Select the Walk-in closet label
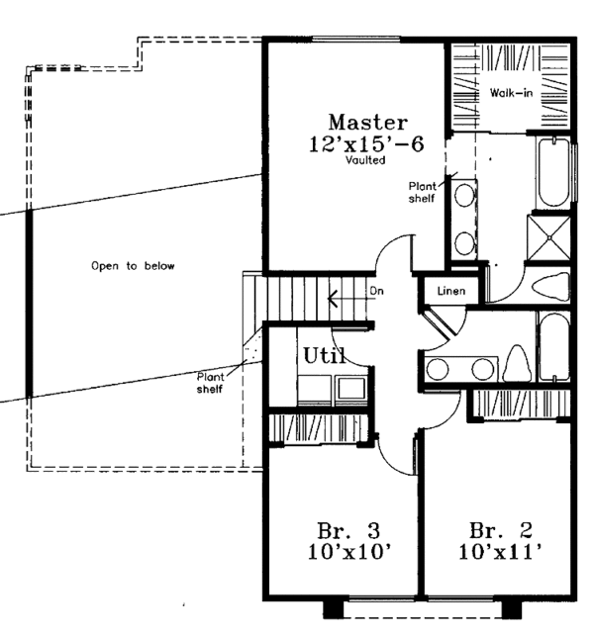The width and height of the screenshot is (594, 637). pos(509,93)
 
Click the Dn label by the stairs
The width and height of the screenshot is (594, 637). pos(376,291)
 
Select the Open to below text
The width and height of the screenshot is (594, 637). pos(133,265)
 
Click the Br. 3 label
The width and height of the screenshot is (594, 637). pos(343,528)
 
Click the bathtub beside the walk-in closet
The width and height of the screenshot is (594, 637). pos(552,173)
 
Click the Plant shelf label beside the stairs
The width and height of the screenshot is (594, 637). pos(210,382)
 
